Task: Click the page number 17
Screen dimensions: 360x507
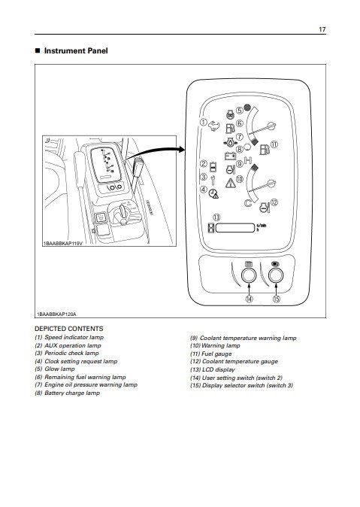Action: pyautogui.click(x=322, y=29)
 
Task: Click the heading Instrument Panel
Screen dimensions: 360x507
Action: pyautogui.click(x=76, y=50)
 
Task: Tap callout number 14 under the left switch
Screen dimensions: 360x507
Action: pyautogui.click(x=250, y=299)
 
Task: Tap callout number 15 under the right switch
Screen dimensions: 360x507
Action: pyautogui.click(x=277, y=299)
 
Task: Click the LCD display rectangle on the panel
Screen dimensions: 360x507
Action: pyautogui.click(x=235, y=228)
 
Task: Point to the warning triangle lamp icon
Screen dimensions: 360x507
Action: pyautogui.click(x=231, y=184)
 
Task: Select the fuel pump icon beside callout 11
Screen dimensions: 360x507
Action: pyautogui.click(x=265, y=150)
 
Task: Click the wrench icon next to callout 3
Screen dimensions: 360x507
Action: pyautogui.click(x=213, y=180)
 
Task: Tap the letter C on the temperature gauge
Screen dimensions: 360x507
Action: pyautogui.click(x=248, y=203)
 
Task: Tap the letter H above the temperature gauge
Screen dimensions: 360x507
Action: pyautogui.click(x=248, y=160)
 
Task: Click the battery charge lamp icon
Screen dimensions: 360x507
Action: pyautogui.click(x=230, y=156)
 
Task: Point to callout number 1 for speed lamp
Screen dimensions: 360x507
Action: pyautogui.click(x=203, y=123)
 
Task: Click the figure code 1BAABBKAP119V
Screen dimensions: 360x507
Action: pyautogui.click(x=62, y=243)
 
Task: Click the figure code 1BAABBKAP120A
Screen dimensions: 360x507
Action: pyautogui.click(x=56, y=314)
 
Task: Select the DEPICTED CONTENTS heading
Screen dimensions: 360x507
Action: pyautogui.click(x=69, y=329)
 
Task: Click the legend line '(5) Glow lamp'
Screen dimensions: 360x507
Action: pyautogui.click(x=55, y=369)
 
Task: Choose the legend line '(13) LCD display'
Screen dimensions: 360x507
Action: pyautogui.click(x=212, y=369)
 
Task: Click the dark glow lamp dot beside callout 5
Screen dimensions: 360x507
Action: pyautogui.click(x=247, y=108)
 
